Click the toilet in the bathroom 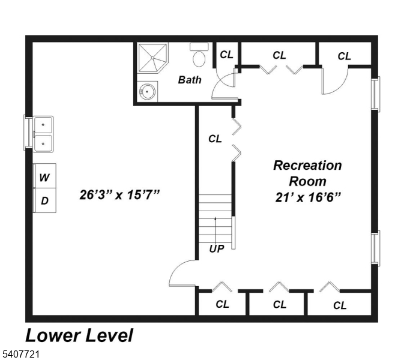coord(199,55)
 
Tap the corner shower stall coord(152,58)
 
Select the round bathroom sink coord(147,91)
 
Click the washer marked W coord(44,176)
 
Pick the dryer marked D coord(44,200)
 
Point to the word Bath coord(190,80)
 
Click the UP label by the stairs coord(217,248)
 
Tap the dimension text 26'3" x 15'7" coord(119,195)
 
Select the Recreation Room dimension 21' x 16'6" coord(308,197)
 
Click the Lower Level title coord(79,335)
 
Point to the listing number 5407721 coord(20,353)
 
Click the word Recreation coord(307,166)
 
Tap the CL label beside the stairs coord(215,139)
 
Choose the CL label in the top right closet coord(344,56)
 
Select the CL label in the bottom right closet coord(340,305)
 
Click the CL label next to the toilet coord(226,55)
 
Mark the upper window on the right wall coord(376,94)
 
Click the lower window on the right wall coord(376,248)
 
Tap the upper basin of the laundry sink coord(43,125)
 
